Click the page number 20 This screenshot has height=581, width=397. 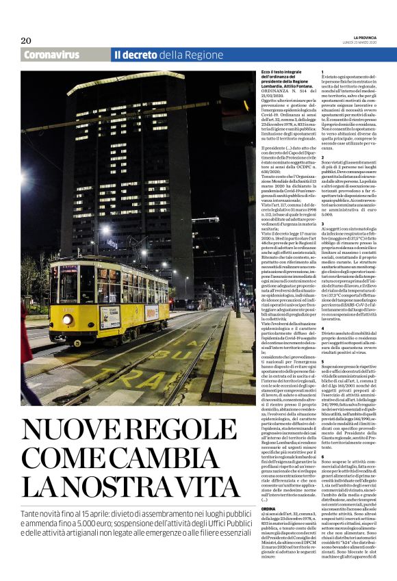pos(26,40)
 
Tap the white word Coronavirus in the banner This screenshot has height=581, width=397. pos(51,55)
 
